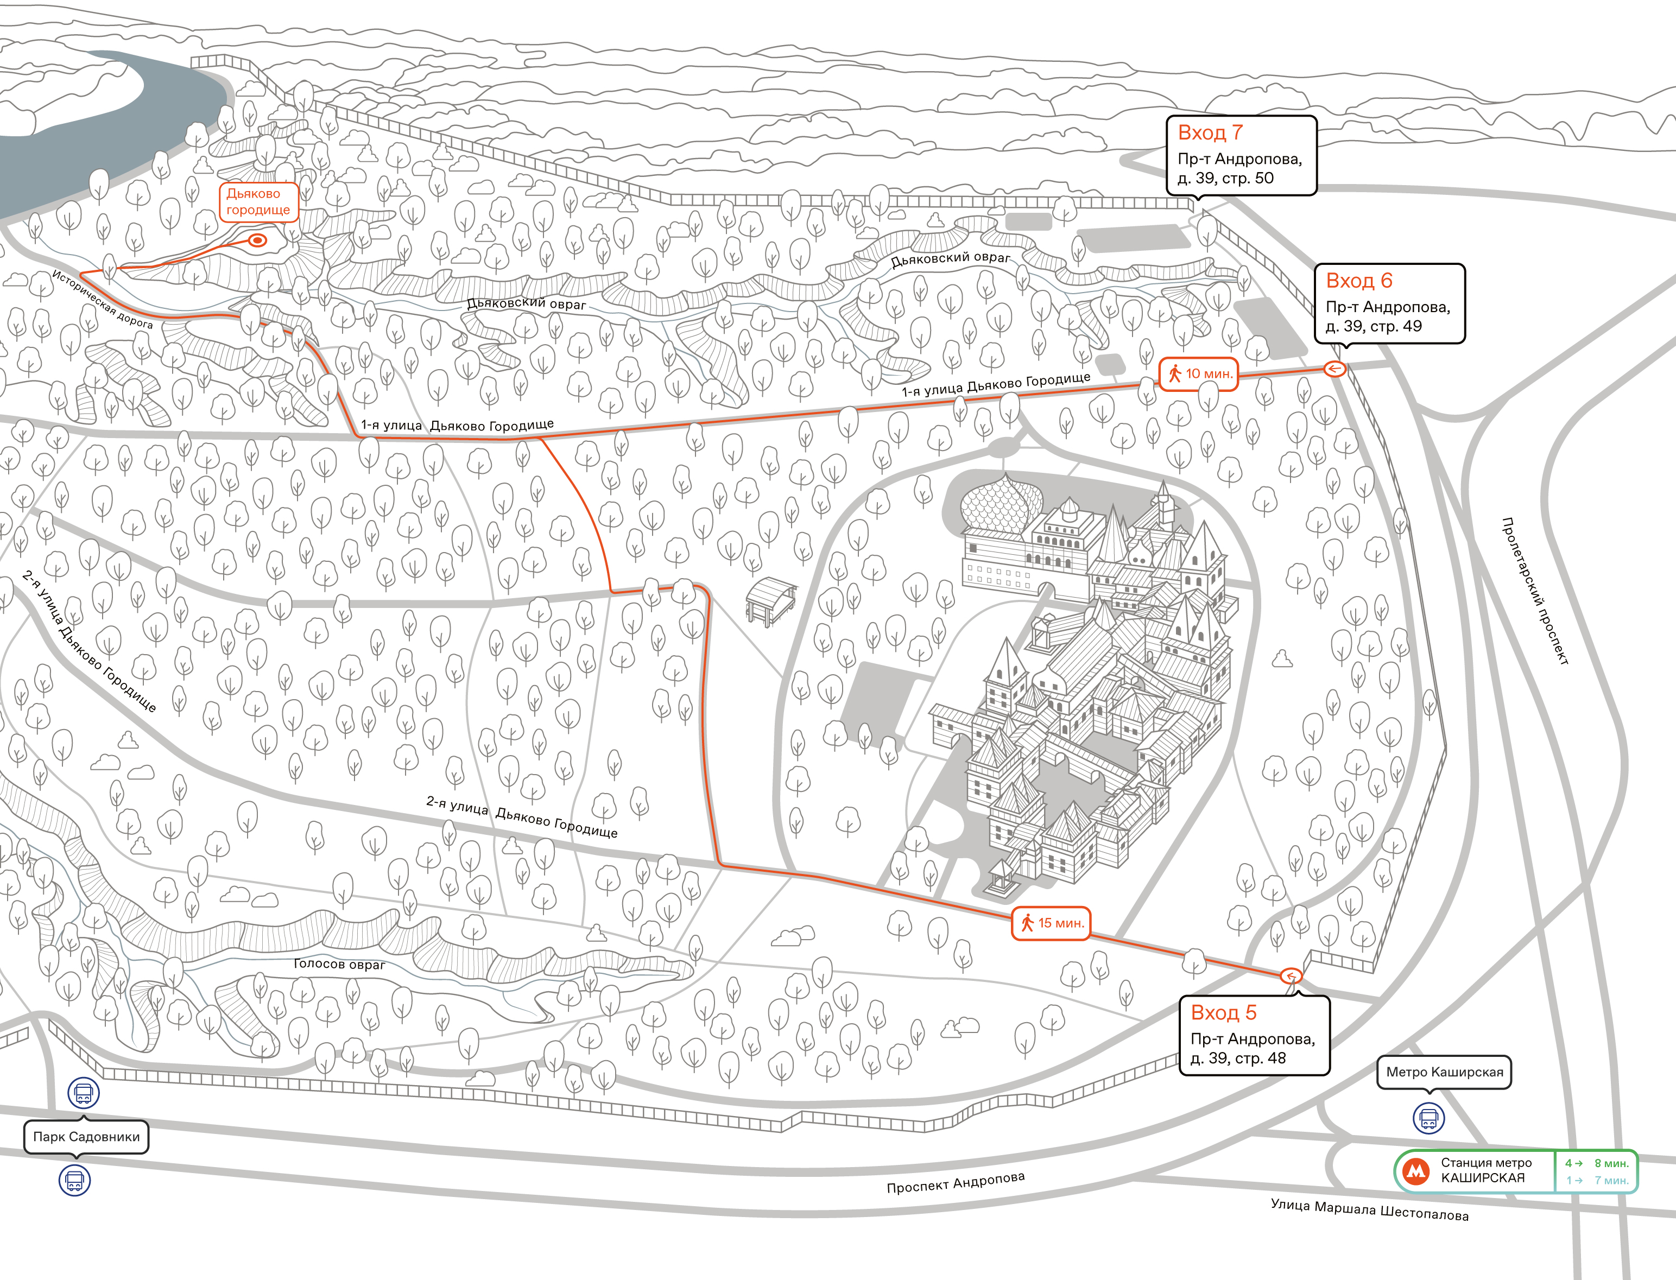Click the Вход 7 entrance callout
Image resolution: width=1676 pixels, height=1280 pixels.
coord(1242,155)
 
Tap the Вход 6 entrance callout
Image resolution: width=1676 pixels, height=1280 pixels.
coord(1389,303)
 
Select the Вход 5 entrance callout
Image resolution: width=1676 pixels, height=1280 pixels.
coord(1255,1035)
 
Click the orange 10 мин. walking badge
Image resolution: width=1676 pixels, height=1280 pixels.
coord(1198,373)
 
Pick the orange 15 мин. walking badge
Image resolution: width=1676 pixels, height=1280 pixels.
coord(1051,923)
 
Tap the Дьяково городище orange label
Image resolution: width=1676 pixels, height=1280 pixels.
coord(258,202)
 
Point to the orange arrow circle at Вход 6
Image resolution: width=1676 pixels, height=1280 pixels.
coord(1335,369)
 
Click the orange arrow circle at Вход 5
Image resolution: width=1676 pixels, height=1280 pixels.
coord(1291,976)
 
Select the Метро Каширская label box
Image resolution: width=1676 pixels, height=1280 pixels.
coord(1444,1072)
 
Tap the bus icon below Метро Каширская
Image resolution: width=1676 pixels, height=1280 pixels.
coord(1429,1118)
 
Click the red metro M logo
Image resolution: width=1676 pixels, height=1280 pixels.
coord(1416,1171)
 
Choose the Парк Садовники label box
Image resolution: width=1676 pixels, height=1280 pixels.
coord(86,1137)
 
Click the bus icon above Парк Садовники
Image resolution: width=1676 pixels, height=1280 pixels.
coord(84,1093)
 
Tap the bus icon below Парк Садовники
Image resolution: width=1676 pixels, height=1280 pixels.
coord(75,1181)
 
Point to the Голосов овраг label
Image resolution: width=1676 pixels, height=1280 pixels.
coord(340,964)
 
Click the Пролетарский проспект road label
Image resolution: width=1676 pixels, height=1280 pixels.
coord(1534,591)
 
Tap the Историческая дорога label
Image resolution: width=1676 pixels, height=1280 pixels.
coord(103,300)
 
